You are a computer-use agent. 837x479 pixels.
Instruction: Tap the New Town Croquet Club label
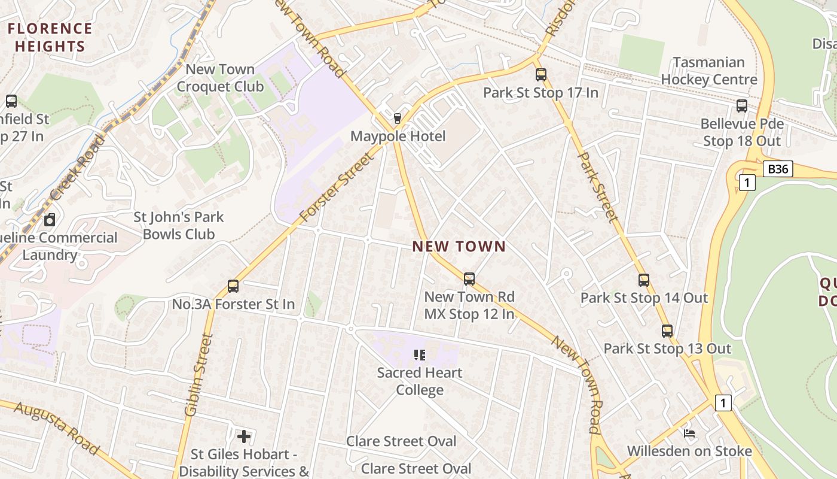pos(220,78)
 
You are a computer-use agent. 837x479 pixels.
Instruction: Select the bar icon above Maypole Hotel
pos(398,118)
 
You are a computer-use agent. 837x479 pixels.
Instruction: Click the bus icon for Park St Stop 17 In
pos(541,75)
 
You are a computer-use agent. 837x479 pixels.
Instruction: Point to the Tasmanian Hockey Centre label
pos(709,71)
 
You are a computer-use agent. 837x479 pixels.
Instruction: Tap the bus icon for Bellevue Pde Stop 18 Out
pos(742,106)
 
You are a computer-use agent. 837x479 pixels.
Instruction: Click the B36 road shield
pos(778,169)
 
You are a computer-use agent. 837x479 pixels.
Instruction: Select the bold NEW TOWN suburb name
pos(459,246)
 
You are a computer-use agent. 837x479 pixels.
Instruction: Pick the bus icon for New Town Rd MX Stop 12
pos(469,278)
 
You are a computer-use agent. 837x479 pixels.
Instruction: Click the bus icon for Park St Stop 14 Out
pos(644,280)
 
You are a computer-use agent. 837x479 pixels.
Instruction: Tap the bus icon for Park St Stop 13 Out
pos(667,331)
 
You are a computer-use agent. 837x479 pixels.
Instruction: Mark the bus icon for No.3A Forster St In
pos(233,286)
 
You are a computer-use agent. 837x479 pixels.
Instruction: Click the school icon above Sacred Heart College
pos(420,355)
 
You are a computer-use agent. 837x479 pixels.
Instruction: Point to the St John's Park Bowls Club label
pos(178,225)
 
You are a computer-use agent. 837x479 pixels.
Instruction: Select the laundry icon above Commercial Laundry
pos(50,220)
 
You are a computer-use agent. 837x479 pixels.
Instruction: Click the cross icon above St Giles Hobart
pos(243,436)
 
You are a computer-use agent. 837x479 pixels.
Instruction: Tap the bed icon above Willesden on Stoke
pos(689,433)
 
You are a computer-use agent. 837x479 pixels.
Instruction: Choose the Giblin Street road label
pos(200,375)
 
